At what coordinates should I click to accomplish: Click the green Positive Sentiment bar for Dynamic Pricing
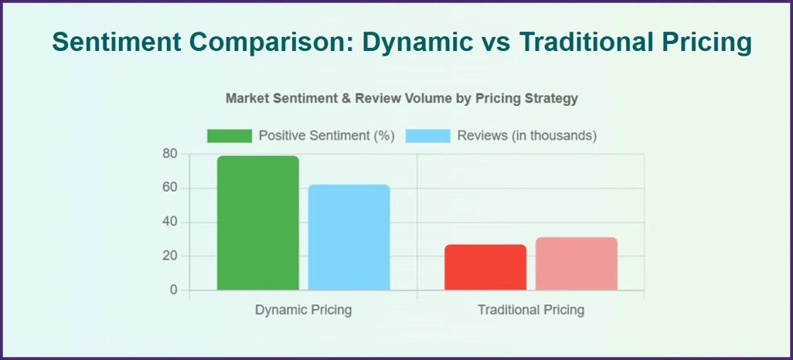pyautogui.click(x=257, y=223)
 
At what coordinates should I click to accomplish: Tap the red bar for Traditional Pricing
pyautogui.click(x=485, y=267)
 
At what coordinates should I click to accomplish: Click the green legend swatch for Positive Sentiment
pyautogui.click(x=230, y=136)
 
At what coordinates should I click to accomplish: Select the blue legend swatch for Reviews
pyautogui.click(x=427, y=136)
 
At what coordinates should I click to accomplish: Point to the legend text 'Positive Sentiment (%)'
pyautogui.click(x=327, y=136)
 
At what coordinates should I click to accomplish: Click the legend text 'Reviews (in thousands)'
pyautogui.click(x=527, y=136)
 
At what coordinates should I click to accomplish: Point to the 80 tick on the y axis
pyautogui.click(x=169, y=154)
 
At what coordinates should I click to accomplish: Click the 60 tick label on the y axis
pyautogui.click(x=169, y=188)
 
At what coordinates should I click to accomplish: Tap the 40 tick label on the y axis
pyautogui.click(x=169, y=222)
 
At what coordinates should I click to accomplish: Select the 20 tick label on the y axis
pyautogui.click(x=169, y=256)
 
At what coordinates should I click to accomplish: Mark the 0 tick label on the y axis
pyautogui.click(x=173, y=290)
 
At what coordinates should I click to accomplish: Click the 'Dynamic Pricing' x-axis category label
pyautogui.click(x=303, y=311)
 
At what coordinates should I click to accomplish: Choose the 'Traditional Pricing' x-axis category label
pyautogui.click(x=531, y=311)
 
